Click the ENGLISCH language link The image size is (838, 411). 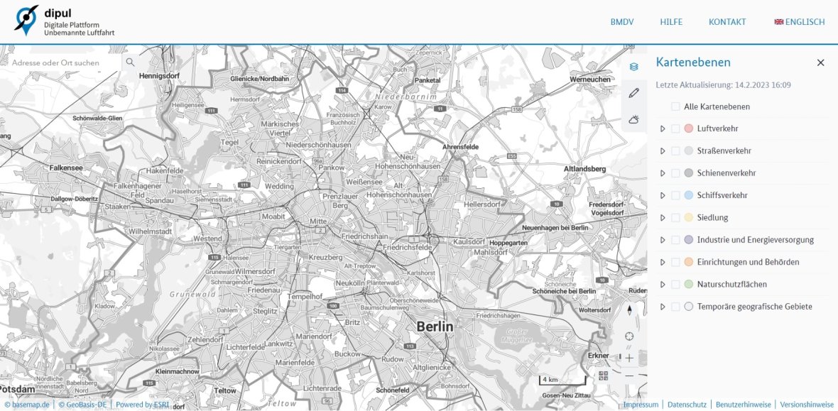(800, 22)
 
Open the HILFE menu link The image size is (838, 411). (671, 22)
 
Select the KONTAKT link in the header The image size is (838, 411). (727, 22)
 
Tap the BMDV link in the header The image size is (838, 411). (622, 22)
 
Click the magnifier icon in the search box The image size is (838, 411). (130, 62)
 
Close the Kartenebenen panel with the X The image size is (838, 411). (821, 62)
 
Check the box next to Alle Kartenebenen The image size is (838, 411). (675, 106)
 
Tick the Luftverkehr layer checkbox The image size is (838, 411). (675, 128)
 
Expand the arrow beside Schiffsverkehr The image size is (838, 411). (663, 195)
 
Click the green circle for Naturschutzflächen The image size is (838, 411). (688, 284)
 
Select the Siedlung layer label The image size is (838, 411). (712, 217)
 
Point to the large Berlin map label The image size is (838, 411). (435, 327)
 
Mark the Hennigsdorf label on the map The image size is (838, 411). (160, 75)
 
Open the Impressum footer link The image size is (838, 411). (641, 405)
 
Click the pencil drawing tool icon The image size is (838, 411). (634, 93)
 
